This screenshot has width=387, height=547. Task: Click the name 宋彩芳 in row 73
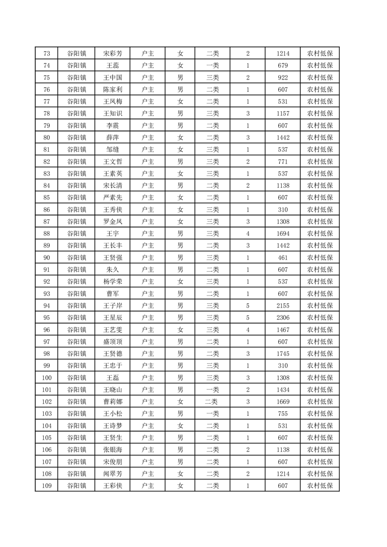pyautogui.click(x=112, y=54)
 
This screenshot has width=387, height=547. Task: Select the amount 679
pyautogui.click(x=283, y=66)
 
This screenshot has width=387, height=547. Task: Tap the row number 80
pyautogui.click(x=47, y=137)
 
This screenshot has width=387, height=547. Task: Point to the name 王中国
pyautogui.click(x=112, y=78)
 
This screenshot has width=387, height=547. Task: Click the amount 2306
pyautogui.click(x=283, y=317)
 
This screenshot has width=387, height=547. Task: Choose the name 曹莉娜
pyautogui.click(x=112, y=401)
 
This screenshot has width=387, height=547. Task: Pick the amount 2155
pyautogui.click(x=283, y=306)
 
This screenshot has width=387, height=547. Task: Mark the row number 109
pyautogui.click(x=47, y=486)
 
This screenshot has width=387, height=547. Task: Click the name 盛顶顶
pyautogui.click(x=112, y=342)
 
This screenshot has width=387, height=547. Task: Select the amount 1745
pyautogui.click(x=283, y=353)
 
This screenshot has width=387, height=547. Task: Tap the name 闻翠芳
pyautogui.click(x=112, y=473)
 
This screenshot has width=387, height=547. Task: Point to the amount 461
pyautogui.click(x=283, y=257)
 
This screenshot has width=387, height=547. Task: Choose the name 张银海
pyautogui.click(x=112, y=449)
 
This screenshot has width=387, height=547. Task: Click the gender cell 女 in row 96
pyautogui.click(x=180, y=330)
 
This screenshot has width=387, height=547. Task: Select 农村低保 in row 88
pyautogui.click(x=320, y=234)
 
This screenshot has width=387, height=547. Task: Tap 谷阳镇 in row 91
pyautogui.click(x=77, y=270)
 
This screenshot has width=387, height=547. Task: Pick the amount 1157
pyautogui.click(x=283, y=114)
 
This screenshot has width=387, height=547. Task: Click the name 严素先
pyautogui.click(x=112, y=197)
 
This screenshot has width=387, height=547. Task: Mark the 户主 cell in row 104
pyautogui.click(x=148, y=426)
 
